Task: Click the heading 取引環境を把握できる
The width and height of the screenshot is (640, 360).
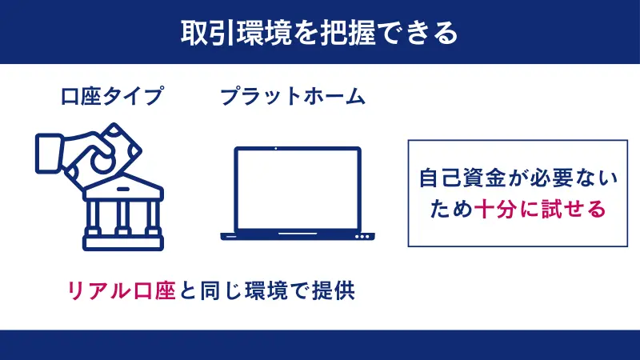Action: pyautogui.click(x=319, y=32)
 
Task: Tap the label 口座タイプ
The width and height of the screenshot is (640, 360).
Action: pyautogui.click(x=113, y=97)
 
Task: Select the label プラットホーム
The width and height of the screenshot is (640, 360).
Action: pyautogui.click(x=292, y=97)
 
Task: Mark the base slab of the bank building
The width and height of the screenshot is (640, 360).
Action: pyautogui.click(x=123, y=240)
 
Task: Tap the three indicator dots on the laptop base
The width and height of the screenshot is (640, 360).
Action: pyautogui.click(x=363, y=237)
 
